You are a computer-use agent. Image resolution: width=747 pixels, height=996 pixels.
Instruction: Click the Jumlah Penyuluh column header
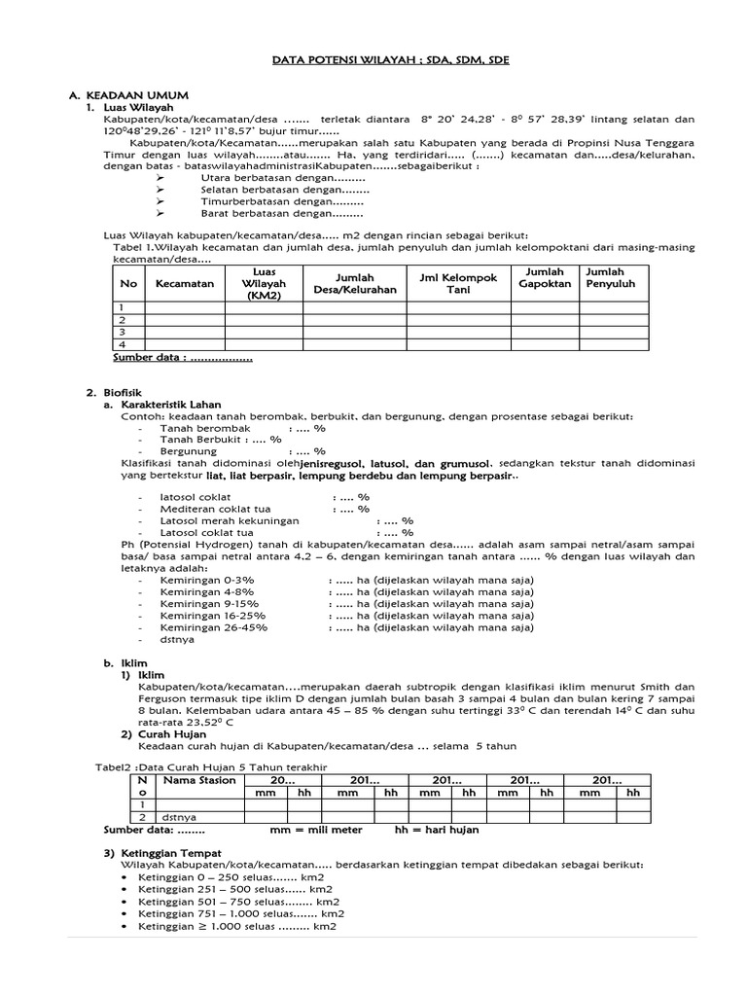pos(611,278)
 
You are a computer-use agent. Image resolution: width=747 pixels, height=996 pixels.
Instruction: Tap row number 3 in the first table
pos(124,332)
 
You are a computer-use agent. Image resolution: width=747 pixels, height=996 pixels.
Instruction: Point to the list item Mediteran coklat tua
pos(215,509)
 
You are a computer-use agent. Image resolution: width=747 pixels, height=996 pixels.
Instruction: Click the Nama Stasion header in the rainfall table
pos(199,780)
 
